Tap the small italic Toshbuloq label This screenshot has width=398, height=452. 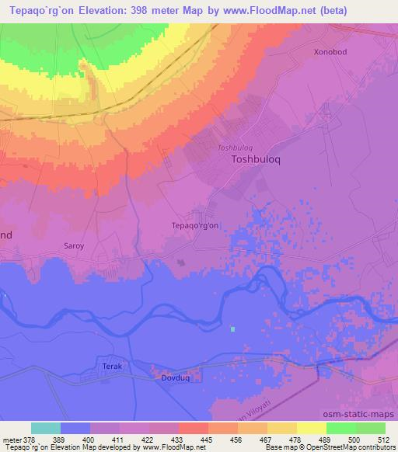pos(234,147)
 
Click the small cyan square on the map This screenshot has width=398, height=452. pos(232,329)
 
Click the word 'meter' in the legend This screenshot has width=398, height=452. pos(12,440)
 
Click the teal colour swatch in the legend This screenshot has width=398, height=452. pos(46,428)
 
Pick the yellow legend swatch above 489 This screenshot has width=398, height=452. pos(312,428)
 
